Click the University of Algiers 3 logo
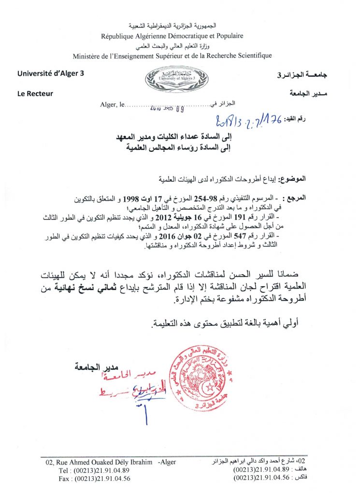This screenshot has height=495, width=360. (170, 78)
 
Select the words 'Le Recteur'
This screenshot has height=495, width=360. (35, 94)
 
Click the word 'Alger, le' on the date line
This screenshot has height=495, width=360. (111, 104)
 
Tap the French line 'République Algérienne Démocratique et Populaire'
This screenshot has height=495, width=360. (172, 36)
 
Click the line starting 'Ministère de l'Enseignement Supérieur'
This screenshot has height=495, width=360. (172, 56)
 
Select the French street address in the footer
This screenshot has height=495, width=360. (108, 463)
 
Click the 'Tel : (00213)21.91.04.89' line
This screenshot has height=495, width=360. (94, 470)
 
